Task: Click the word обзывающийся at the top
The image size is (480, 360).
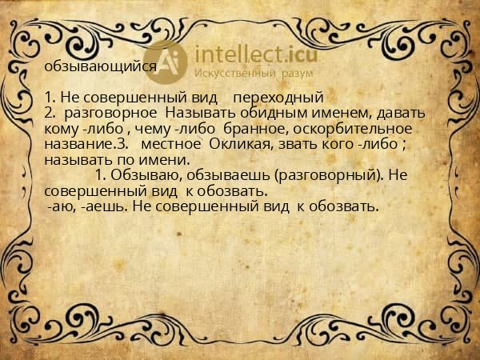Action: coord(101,66)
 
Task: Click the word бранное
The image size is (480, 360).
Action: coord(255,128)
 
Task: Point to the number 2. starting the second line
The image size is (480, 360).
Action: coord(51,113)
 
